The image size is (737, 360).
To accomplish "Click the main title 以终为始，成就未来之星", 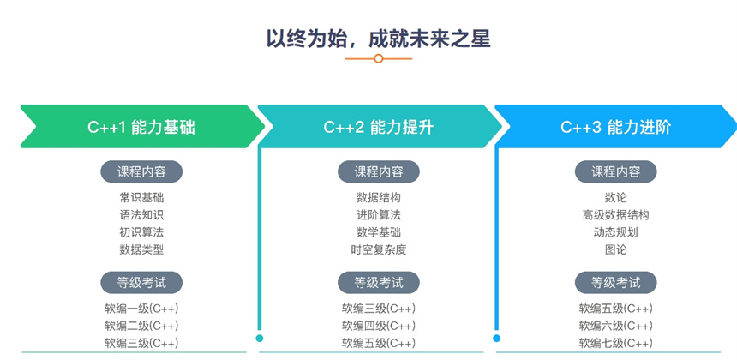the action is [x=379, y=39].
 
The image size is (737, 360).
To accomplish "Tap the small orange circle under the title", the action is [x=379, y=59].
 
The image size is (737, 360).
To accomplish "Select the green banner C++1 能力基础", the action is [x=142, y=126].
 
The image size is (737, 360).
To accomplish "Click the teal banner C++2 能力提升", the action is [x=380, y=126].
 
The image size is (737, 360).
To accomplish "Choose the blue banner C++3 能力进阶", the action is [x=616, y=126].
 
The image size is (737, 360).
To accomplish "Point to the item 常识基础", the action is [x=141, y=197].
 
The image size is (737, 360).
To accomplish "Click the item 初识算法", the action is [x=141, y=232].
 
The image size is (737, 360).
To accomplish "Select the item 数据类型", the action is [x=141, y=249].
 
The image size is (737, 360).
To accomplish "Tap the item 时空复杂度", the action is [x=379, y=249].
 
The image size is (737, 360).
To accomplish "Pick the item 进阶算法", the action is [x=379, y=215].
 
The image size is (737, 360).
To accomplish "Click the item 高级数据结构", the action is [x=615, y=215].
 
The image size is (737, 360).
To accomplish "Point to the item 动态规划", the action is [x=615, y=232].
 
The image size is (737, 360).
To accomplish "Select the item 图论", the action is [x=615, y=249].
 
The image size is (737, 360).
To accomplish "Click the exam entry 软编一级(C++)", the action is [x=141, y=309].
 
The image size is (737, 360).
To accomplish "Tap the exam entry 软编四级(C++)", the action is [x=379, y=326].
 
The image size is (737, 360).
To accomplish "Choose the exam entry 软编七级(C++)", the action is [x=615, y=343].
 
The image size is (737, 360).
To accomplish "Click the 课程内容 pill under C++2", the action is [x=379, y=171].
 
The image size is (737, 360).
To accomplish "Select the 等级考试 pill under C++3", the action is [x=615, y=283].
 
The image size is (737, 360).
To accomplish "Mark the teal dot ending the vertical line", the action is [x=260, y=338].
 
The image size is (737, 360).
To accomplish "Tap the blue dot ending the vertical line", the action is [x=497, y=338].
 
